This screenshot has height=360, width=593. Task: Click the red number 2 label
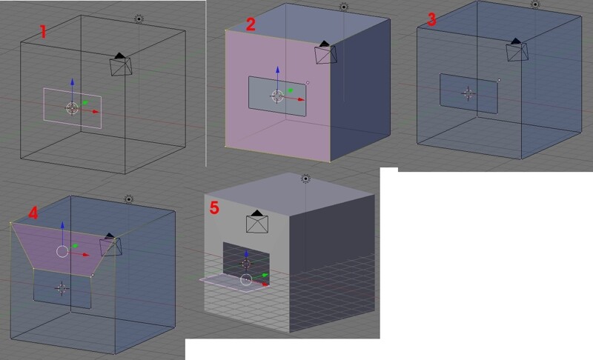[x=251, y=24]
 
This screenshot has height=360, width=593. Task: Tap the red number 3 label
[x=432, y=20]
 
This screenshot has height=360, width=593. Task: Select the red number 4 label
[x=33, y=213]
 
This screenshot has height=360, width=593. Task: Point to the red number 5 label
[x=214, y=208]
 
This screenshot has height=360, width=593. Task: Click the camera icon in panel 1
[x=121, y=64]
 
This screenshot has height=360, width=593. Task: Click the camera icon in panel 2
[x=325, y=53]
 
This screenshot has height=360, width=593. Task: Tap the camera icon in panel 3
[x=517, y=50]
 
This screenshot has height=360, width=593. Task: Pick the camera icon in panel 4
[x=111, y=244]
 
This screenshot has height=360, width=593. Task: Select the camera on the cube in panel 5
[x=256, y=222]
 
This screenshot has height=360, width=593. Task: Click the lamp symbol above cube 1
[x=139, y=19]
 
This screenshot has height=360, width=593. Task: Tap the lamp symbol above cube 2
[x=343, y=7]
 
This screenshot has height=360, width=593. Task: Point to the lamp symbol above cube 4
[x=129, y=199]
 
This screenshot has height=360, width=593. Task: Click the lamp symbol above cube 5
[x=305, y=179]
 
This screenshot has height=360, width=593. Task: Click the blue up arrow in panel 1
[x=72, y=82]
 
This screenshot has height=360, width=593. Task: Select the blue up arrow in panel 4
[x=62, y=224]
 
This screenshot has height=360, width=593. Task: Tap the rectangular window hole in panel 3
[x=468, y=93]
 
